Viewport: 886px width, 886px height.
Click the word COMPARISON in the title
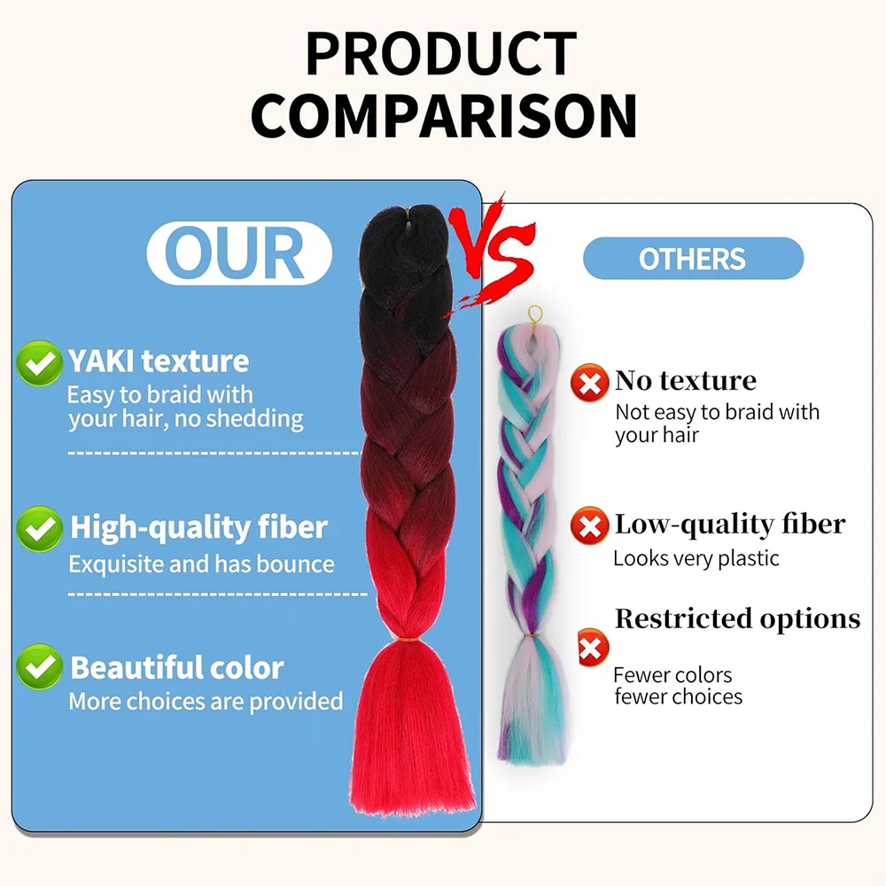pyautogui.click(x=444, y=116)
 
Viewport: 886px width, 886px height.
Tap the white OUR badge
pyautogui.click(x=239, y=253)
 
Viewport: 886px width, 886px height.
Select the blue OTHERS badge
pyautogui.click(x=693, y=258)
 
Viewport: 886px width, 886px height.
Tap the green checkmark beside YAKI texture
pyautogui.click(x=39, y=363)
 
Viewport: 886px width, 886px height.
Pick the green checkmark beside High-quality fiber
pyautogui.click(x=39, y=529)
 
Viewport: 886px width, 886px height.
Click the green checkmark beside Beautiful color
pyautogui.click(x=39, y=667)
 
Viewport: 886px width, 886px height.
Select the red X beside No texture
pyautogui.click(x=589, y=383)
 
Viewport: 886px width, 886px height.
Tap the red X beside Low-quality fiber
pyautogui.click(x=589, y=525)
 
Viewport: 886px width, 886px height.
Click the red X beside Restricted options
pyautogui.click(x=593, y=648)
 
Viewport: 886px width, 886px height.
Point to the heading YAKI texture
pyautogui.click(x=159, y=361)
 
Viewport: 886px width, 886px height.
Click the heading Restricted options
pyautogui.click(x=737, y=618)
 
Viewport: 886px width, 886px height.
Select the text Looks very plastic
pyautogui.click(x=696, y=558)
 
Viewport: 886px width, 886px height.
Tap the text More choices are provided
pyautogui.click(x=206, y=701)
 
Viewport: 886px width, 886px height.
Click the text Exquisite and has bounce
pyautogui.click(x=202, y=563)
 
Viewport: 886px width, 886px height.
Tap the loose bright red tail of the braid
pyautogui.click(x=412, y=729)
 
